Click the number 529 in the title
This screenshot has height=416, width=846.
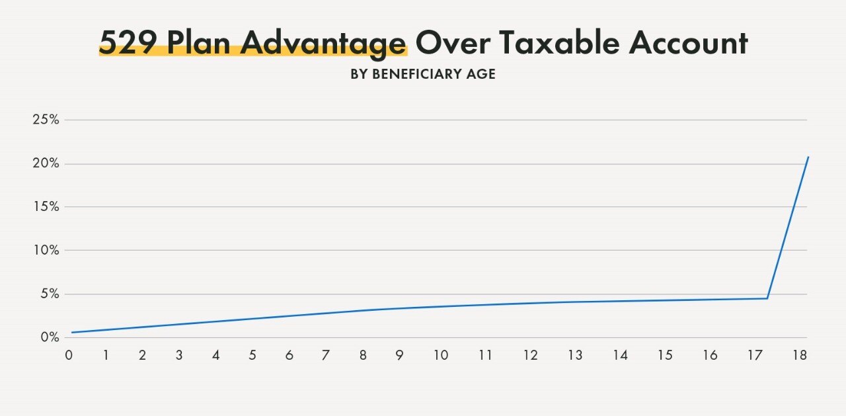click(128, 43)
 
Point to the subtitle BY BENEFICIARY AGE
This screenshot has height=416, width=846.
click(423, 74)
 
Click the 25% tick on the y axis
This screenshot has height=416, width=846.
click(46, 120)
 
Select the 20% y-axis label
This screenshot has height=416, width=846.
click(46, 163)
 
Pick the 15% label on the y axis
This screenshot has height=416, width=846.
click(46, 207)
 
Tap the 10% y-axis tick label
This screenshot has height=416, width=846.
click(46, 250)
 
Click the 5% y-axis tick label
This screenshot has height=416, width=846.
click(49, 294)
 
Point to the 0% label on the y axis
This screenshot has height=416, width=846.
click(49, 337)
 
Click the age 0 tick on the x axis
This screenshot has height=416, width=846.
click(69, 355)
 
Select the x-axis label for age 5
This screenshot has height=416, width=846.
click(252, 355)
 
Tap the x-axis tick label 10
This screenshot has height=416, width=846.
click(441, 355)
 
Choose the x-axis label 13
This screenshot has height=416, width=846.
click(575, 355)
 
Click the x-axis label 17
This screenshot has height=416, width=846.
click(755, 355)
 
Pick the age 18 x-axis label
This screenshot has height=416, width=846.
click(800, 355)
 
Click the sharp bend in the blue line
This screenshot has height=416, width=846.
click(767, 298)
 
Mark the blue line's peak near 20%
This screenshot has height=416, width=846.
click(808, 157)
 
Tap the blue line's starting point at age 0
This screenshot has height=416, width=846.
click(72, 332)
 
